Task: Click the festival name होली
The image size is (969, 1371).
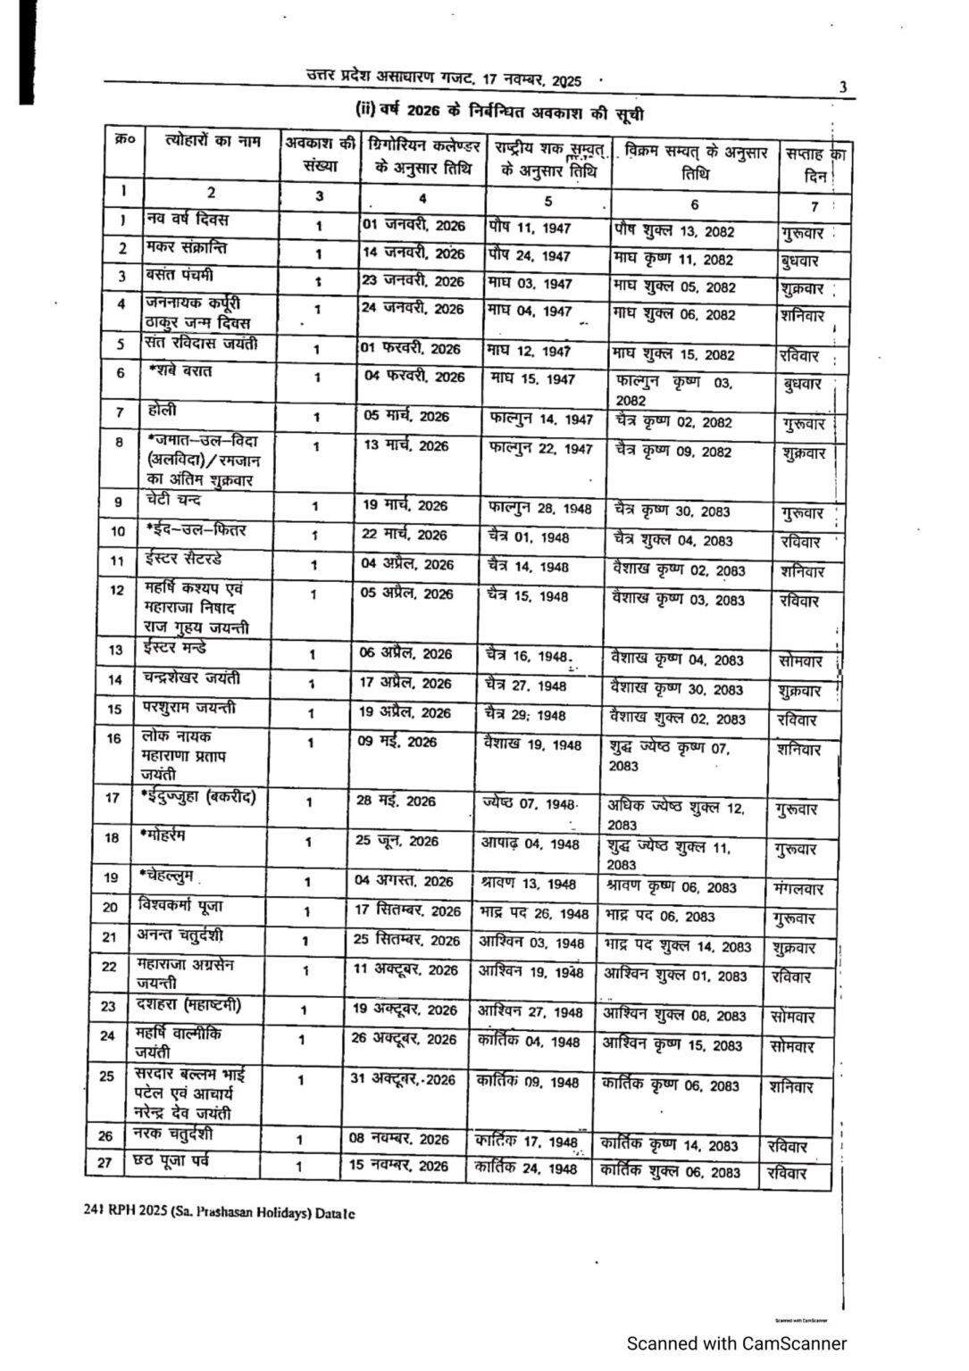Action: coord(163,411)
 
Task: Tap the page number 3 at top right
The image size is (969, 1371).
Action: coord(842,87)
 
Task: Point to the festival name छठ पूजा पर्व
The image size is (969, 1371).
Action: coord(174,1161)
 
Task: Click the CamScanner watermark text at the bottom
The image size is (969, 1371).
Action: coord(736,1343)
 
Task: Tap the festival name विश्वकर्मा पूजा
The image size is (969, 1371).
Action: coord(181,907)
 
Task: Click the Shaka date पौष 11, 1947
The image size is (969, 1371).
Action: coord(530,228)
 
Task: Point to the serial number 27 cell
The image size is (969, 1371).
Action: coord(105,1164)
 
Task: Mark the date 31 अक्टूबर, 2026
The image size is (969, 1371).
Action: coord(402,1080)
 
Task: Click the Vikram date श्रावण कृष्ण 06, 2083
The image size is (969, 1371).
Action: coord(671,887)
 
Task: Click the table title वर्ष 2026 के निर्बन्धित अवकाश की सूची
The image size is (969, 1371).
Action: coord(499,112)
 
